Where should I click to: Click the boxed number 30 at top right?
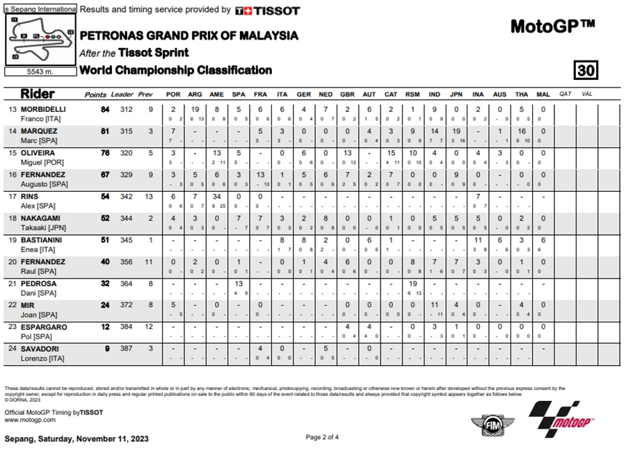(x=586, y=70)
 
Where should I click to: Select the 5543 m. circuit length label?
(x=40, y=72)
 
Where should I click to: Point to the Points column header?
(x=95, y=95)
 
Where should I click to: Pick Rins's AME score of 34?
(x=216, y=197)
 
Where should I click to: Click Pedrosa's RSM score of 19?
(x=412, y=284)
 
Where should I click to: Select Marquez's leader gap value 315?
(x=127, y=131)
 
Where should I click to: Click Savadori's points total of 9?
(x=107, y=349)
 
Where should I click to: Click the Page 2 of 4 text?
(x=323, y=437)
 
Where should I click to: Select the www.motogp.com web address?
(x=30, y=420)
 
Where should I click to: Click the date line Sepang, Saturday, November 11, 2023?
(x=77, y=439)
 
